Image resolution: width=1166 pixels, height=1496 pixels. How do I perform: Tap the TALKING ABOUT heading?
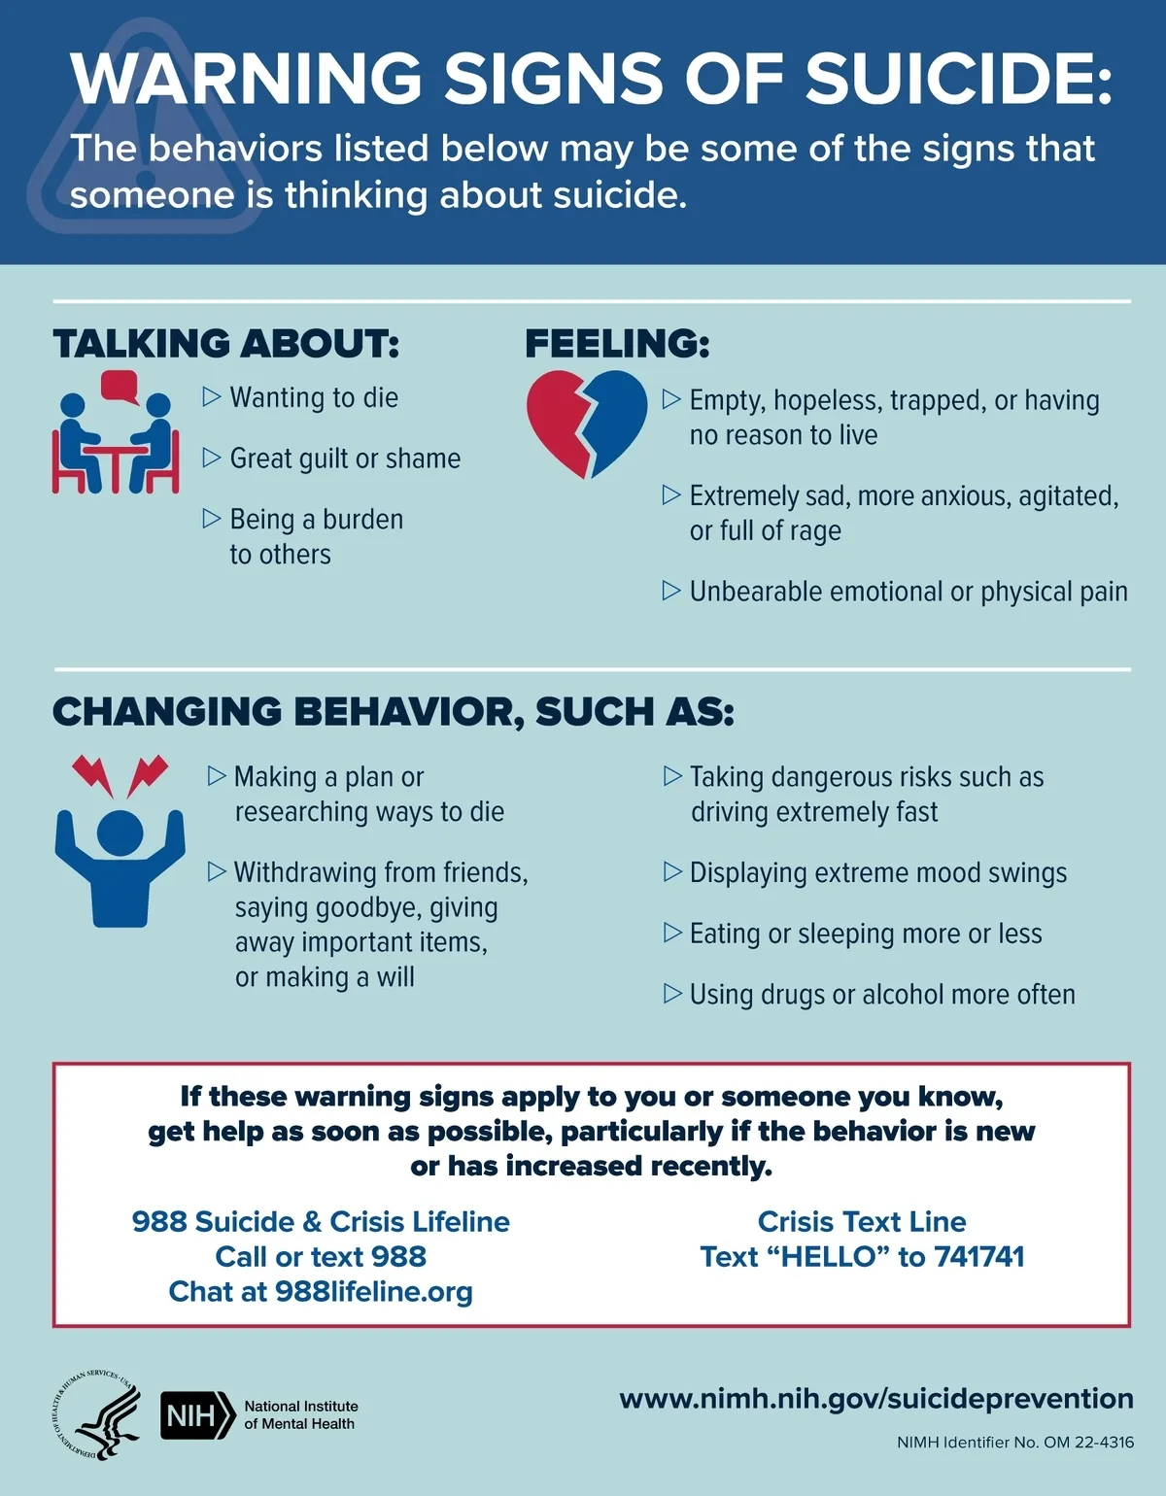point(225,344)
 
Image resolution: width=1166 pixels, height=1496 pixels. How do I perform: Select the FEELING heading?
point(617,344)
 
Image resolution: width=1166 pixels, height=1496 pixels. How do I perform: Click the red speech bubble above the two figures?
point(120,386)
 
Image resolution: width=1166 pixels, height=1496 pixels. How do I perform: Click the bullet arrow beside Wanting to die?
point(212,396)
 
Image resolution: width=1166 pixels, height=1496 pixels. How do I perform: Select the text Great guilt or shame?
point(345,459)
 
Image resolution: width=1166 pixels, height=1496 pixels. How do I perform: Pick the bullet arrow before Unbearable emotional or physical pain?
point(671,591)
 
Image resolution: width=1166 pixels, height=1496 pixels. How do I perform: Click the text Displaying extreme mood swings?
point(877,872)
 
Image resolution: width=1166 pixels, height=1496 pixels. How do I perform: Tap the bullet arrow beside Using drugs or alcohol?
point(671,994)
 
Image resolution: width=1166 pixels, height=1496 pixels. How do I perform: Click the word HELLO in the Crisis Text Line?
point(837,1256)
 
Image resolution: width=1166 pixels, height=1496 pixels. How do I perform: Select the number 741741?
point(978,1256)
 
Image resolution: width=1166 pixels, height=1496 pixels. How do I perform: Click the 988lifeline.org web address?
point(374,1291)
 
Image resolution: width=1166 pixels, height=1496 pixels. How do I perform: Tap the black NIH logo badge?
point(197,1415)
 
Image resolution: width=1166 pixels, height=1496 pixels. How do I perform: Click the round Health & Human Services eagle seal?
point(94,1414)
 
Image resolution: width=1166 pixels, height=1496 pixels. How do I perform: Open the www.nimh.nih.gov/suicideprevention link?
point(875,1398)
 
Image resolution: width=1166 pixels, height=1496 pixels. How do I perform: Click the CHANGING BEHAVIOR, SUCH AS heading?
point(393,711)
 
